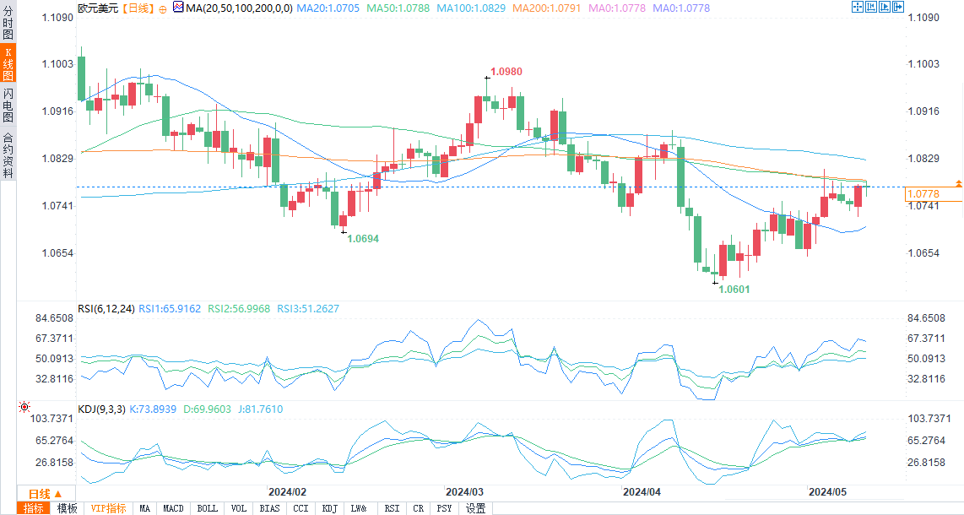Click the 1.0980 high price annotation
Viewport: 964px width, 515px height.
(508, 72)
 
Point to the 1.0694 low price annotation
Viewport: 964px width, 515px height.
(364, 239)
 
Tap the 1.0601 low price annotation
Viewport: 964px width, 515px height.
(734, 289)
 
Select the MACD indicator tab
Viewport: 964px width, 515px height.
(174, 508)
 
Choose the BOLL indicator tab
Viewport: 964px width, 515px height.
(208, 508)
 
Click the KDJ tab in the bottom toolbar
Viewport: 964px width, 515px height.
(329, 508)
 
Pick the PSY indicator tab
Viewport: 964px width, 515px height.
(444, 508)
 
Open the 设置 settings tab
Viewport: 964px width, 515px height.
(476, 508)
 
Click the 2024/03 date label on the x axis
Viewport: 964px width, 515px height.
(464, 491)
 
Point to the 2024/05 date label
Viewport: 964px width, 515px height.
(827, 491)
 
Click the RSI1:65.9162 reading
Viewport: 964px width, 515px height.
(170, 309)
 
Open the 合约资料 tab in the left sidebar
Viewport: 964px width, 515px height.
(8, 155)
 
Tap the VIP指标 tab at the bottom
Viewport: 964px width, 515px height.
(108, 508)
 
